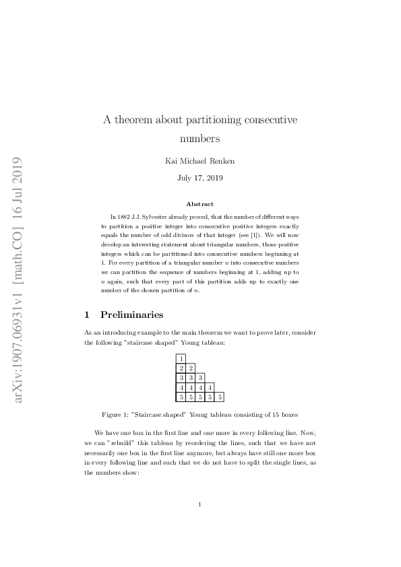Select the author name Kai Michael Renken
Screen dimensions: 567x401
pos(199,161)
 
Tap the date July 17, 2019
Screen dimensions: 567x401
pos(199,178)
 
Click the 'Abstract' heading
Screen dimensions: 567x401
pos(200,204)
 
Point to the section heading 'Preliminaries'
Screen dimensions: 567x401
pos(131,314)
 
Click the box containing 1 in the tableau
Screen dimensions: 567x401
pos(181,358)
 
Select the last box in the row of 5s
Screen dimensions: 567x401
pos(219,397)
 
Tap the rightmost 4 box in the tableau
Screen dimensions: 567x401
pos(210,388)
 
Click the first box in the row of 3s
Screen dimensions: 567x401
pos(181,378)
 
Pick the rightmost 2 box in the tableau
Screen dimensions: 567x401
pos(191,368)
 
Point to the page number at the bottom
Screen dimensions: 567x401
pos(200,504)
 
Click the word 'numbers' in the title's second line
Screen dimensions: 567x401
pos(200,139)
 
